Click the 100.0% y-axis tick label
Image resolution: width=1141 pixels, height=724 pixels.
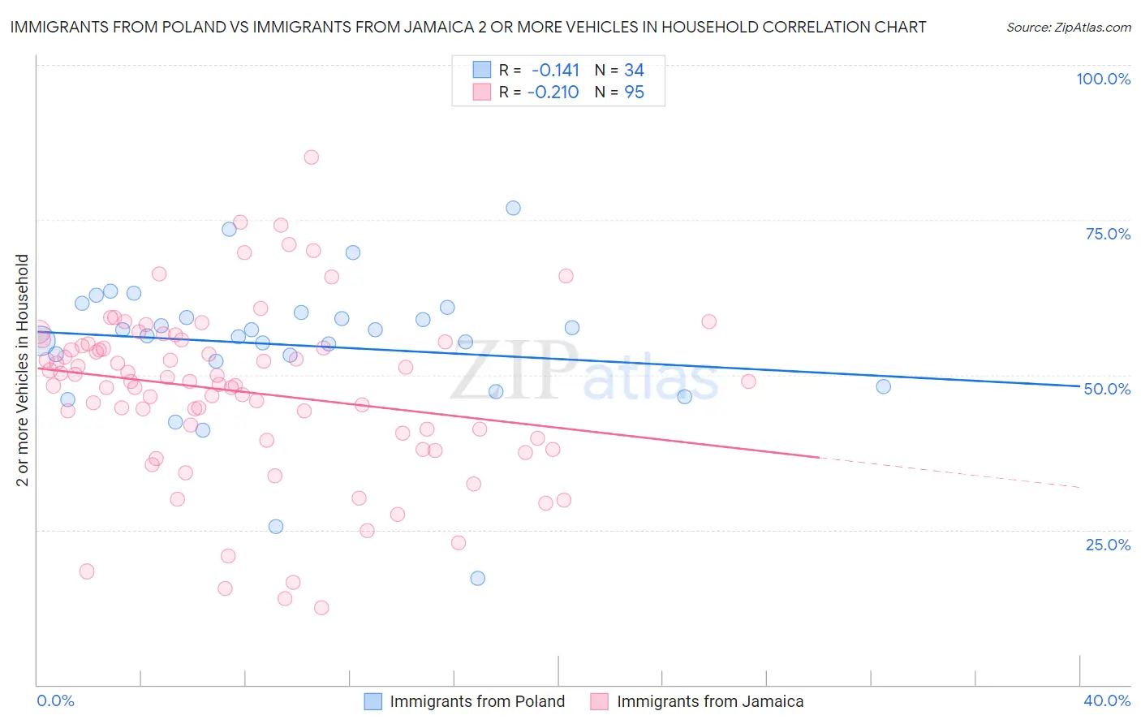pyautogui.click(x=1103, y=79)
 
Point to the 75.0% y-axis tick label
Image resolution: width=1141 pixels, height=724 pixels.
pyautogui.click(x=1108, y=234)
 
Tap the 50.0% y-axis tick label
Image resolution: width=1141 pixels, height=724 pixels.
pyautogui.click(x=1107, y=389)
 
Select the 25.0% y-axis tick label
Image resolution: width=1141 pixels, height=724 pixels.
pyautogui.click(x=1108, y=545)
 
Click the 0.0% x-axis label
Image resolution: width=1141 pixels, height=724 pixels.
pyautogui.click(x=55, y=700)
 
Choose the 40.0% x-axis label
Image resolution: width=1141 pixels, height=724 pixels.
pyautogui.click(x=1107, y=700)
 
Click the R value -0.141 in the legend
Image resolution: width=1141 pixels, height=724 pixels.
pyautogui.click(x=555, y=71)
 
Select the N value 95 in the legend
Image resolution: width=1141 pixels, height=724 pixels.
pyautogui.click(x=634, y=93)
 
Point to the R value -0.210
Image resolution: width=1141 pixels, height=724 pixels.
pyautogui.click(x=553, y=93)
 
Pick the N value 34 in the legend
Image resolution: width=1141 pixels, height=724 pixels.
pyautogui.click(x=634, y=71)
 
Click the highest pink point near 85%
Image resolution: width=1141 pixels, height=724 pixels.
pyautogui.click(x=311, y=157)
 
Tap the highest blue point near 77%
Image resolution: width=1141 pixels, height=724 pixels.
pyautogui.click(x=513, y=208)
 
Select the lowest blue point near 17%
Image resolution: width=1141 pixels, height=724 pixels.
pyautogui.click(x=478, y=578)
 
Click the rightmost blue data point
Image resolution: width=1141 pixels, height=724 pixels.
pyautogui.click(x=884, y=386)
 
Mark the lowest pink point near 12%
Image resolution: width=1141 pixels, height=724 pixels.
pyautogui.click(x=321, y=607)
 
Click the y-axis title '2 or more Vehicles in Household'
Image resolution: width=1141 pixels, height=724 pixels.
pyautogui.click(x=23, y=370)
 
